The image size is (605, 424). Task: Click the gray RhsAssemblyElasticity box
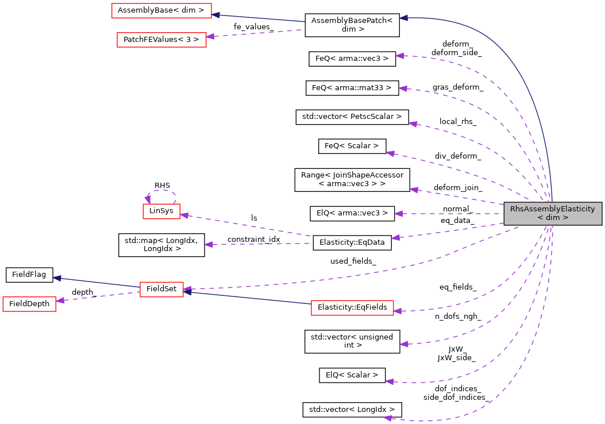coord(553,214)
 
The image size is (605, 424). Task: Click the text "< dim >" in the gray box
coord(553,218)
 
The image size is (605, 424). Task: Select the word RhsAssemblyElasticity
coord(553,209)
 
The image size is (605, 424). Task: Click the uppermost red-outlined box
coord(161,11)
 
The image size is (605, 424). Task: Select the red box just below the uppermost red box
coord(161,40)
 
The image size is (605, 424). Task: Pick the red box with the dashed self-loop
coord(161,211)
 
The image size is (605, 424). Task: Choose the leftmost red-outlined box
coord(29,304)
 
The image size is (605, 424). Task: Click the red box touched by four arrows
coord(161,290)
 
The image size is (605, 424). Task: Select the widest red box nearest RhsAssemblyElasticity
coord(352,308)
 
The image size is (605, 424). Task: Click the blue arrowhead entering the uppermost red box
coord(216,15)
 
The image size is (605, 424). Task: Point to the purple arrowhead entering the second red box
coord(210,36)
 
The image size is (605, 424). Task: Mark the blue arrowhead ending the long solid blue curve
coord(404,18)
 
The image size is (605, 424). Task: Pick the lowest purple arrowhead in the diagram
coord(388,418)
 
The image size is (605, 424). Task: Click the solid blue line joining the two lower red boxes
coord(247,298)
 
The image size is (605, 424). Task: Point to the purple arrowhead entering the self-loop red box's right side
coord(184,215)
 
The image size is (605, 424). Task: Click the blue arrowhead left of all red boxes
coord(57,278)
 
